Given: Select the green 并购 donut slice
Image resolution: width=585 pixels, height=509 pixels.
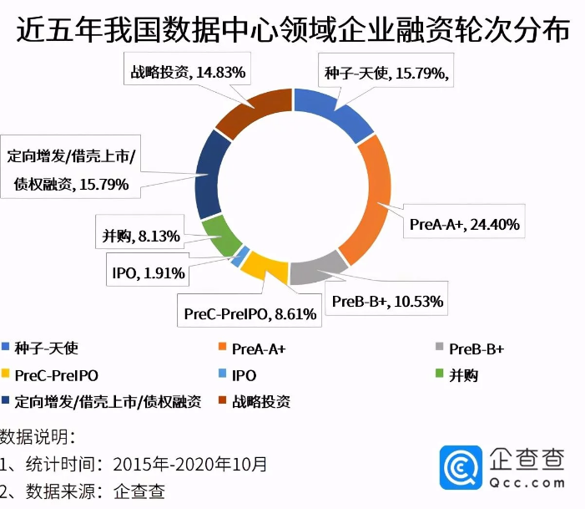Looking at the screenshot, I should tap(219, 236).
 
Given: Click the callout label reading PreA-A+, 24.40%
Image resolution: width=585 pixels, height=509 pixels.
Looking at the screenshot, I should tap(465, 224).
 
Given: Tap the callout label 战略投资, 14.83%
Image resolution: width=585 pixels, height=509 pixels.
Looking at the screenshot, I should tap(188, 73).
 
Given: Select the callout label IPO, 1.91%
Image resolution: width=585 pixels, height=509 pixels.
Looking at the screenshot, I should tap(148, 272).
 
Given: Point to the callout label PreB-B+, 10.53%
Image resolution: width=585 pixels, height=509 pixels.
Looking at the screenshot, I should tap(387, 301).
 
